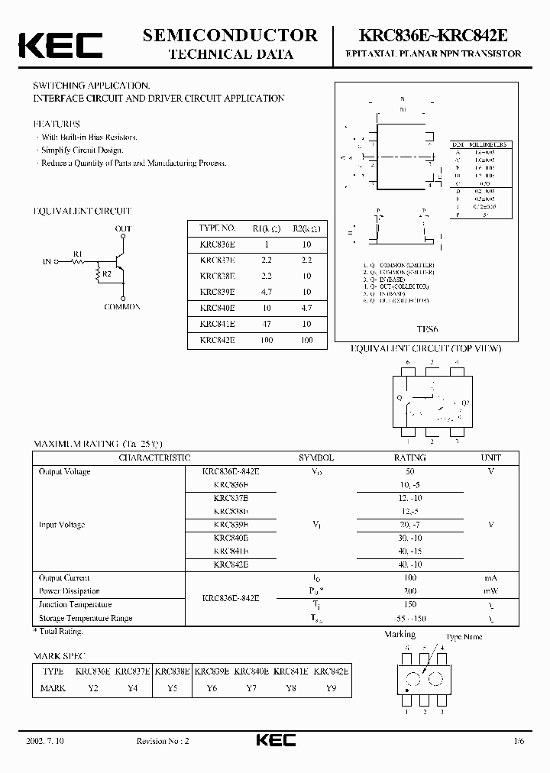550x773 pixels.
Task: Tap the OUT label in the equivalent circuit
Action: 123,228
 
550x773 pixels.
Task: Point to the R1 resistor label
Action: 77,252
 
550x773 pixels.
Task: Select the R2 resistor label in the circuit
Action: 107,273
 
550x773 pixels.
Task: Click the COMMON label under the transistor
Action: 122,306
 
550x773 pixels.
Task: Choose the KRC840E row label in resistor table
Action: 217,308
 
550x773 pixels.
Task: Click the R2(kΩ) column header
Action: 306,228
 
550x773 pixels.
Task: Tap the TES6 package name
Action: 428,330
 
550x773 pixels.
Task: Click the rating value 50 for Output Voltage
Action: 409,471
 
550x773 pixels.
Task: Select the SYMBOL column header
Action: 315,457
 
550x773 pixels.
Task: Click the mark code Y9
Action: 330,688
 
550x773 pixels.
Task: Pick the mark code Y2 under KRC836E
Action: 95,688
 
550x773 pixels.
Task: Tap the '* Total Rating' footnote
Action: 58,631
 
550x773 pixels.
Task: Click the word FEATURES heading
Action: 57,123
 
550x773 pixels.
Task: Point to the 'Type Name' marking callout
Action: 464,637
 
